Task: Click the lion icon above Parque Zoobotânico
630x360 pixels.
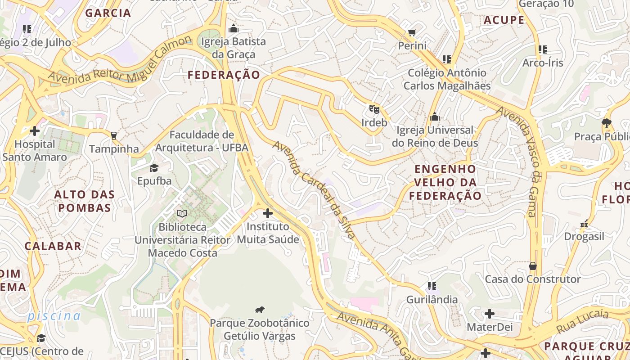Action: click(259, 310)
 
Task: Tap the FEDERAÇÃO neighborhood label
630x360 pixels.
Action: click(224, 75)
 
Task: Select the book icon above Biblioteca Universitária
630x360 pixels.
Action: click(182, 213)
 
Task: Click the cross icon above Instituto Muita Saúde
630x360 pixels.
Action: click(268, 213)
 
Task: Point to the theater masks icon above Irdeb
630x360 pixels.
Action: click(374, 109)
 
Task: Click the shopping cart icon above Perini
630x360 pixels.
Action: click(412, 32)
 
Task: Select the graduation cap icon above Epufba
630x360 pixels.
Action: click(154, 168)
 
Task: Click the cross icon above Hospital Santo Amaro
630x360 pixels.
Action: click(34, 131)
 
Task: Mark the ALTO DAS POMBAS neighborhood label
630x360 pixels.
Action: click(84, 201)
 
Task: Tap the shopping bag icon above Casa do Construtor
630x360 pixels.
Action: click(532, 266)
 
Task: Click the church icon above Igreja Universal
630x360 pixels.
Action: click(434, 117)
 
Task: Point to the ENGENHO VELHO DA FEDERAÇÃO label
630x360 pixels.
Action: click(445, 182)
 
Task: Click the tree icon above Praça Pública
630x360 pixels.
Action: click(606, 123)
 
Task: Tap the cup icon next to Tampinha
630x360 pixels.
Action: click(113, 135)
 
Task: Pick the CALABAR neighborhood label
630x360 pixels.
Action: click(53, 246)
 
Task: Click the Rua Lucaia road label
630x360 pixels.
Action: click(582, 321)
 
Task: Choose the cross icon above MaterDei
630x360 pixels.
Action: click(490, 314)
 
